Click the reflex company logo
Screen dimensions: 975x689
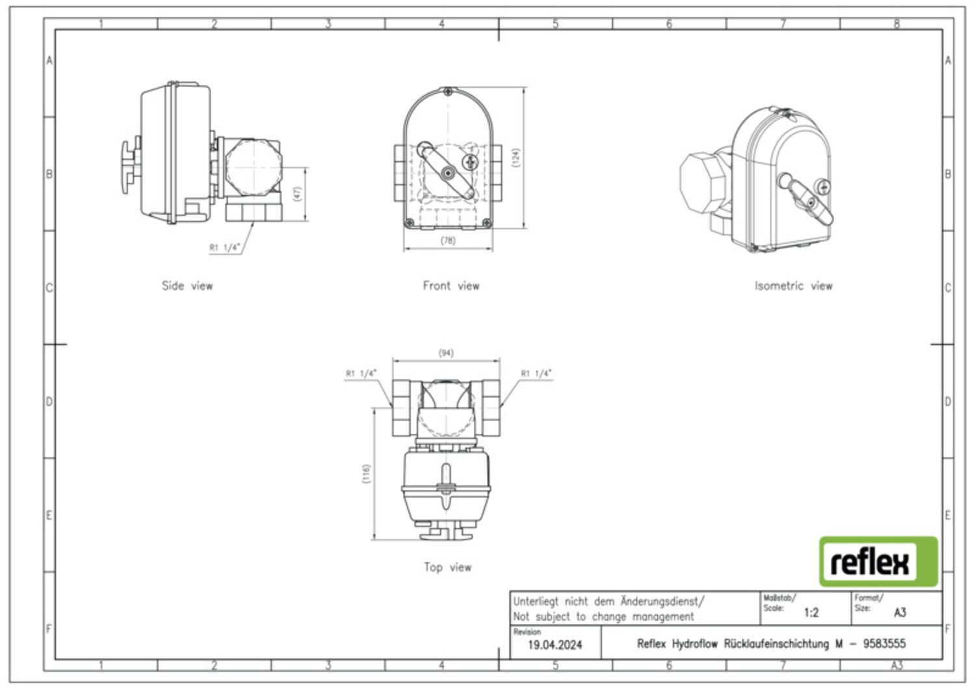click(x=878, y=561)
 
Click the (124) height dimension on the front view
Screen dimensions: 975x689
click(x=516, y=157)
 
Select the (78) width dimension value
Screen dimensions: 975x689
click(x=448, y=240)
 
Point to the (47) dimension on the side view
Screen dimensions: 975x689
click(x=297, y=194)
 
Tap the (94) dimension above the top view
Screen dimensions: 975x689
click(x=446, y=353)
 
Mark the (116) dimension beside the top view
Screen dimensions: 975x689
click(x=366, y=474)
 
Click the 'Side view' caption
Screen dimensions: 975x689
click(x=188, y=286)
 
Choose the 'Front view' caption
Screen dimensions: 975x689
click(x=451, y=286)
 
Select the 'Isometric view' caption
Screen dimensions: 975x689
click(x=794, y=286)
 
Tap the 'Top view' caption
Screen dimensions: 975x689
click(x=448, y=567)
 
